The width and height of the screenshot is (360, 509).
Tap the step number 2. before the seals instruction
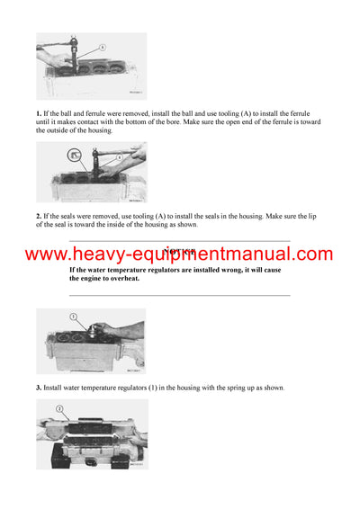39,217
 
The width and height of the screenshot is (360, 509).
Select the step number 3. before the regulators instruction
39,388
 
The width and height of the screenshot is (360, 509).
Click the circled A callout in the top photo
102,47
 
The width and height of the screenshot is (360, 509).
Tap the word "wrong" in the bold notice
233,270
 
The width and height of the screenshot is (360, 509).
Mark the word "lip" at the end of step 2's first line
317,217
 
